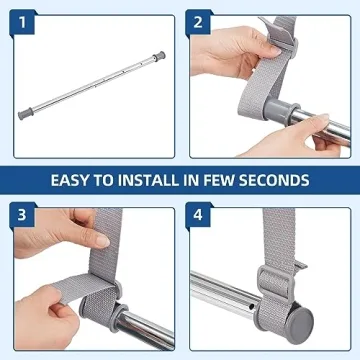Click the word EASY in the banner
point(77,180)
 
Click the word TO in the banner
point(114,180)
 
